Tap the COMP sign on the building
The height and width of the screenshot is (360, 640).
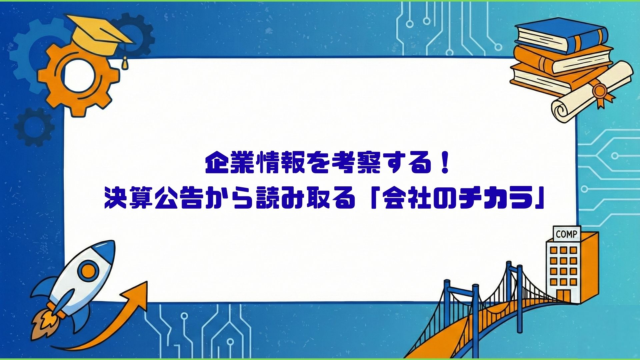click(x=566, y=234)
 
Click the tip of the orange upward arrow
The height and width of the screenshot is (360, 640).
click(x=147, y=282)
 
